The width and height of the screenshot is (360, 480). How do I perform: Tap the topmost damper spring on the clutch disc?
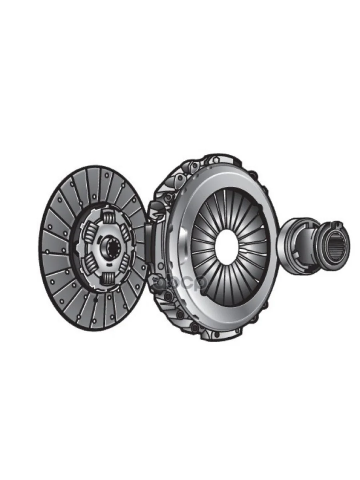coord(108,218)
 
